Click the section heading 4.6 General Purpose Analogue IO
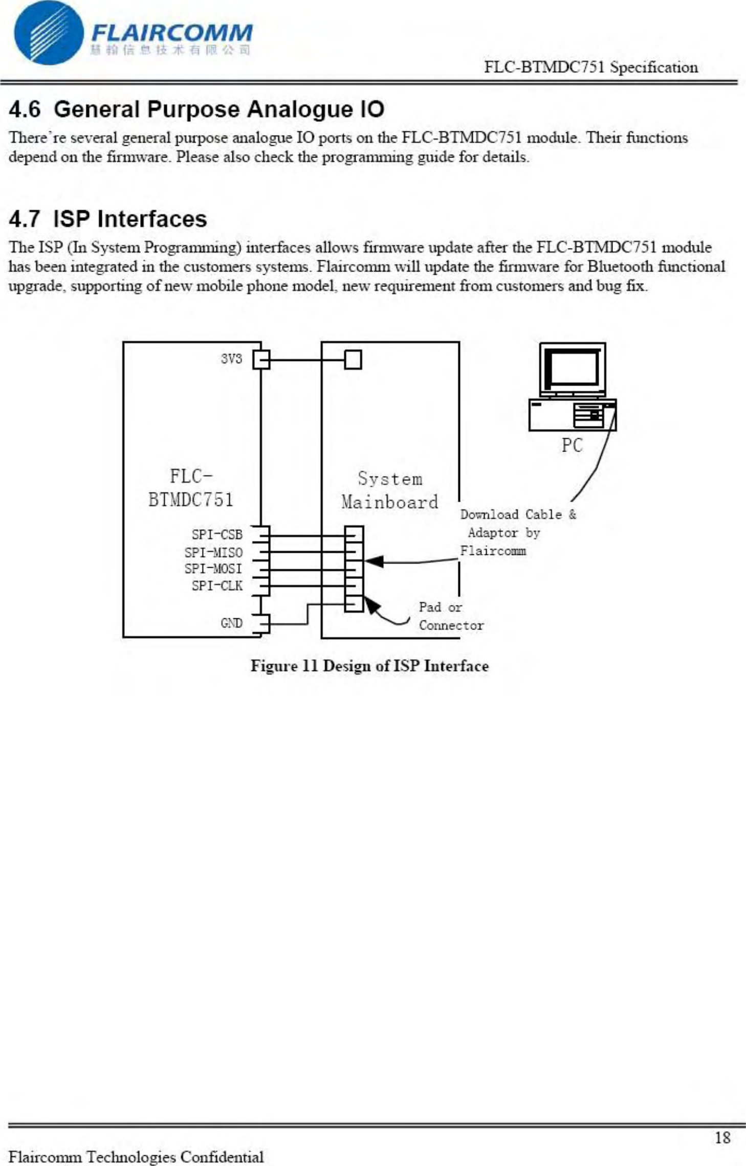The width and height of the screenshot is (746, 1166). pyautogui.click(x=196, y=109)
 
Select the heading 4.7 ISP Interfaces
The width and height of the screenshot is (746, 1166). pyautogui.click(x=108, y=219)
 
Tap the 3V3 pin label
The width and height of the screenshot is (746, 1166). pyautogui.click(x=231, y=359)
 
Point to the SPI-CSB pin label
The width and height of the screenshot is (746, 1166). pyautogui.click(x=217, y=534)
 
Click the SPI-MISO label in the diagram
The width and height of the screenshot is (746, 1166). pyautogui.click(x=213, y=552)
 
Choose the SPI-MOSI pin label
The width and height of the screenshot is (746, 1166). pyautogui.click(x=213, y=569)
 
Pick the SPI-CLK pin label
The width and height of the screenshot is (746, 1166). pyautogui.click(x=217, y=586)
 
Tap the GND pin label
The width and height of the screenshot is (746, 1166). pyautogui.click(x=231, y=623)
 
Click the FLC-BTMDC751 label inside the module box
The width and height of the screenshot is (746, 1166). pyautogui.click(x=190, y=488)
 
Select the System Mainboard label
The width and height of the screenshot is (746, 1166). pyautogui.click(x=390, y=490)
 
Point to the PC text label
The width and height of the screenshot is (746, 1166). pyautogui.click(x=572, y=445)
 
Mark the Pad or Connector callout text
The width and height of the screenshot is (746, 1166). pyautogui.click(x=450, y=616)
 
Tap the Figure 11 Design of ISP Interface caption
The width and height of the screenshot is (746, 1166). pyautogui.click(x=369, y=666)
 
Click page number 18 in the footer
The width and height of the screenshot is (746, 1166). pyautogui.click(x=722, y=1137)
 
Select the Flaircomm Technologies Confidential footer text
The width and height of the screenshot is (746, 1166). pyautogui.click(x=137, y=1156)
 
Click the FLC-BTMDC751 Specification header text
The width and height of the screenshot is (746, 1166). pyautogui.click(x=591, y=68)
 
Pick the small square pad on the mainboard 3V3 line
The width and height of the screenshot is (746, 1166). pyautogui.click(x=353, y=360)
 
